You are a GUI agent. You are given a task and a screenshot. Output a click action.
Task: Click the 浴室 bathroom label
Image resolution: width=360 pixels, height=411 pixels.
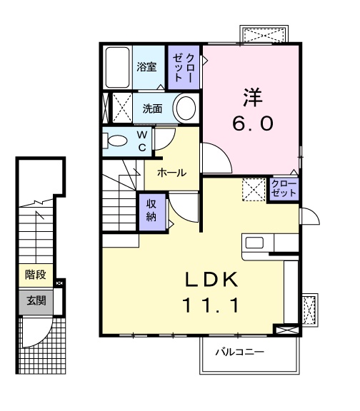click(x=146, y=67)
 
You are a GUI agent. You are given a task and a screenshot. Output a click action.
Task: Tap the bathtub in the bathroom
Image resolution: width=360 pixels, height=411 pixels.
click(x=117, y=67)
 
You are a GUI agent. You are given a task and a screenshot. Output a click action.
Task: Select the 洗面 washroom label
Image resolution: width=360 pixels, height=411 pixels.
click(x=152, y=108)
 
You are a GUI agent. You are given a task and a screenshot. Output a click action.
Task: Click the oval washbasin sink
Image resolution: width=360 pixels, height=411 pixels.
click(x=186, y=108)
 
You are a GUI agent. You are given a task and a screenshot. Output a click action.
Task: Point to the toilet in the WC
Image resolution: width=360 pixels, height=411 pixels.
click(x=115, y=141)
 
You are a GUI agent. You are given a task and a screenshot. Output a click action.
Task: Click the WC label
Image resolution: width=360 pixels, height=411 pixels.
click(x=142, y=141)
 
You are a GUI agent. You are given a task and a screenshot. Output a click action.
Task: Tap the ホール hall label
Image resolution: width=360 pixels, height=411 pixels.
click(x=172, y=173)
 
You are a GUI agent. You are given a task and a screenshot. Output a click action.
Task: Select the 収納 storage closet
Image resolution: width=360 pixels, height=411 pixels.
click(x=152, y=212)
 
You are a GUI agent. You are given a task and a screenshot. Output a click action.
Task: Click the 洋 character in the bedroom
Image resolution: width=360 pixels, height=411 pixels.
click(x=253, y=97)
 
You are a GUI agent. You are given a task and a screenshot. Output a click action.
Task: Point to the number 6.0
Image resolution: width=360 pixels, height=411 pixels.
click(x=253, y=123)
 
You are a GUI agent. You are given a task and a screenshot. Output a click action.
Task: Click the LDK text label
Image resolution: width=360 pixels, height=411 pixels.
click(x=211, y=280)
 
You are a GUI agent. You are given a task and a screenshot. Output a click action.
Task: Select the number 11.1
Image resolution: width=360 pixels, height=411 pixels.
click(x=211, y=305)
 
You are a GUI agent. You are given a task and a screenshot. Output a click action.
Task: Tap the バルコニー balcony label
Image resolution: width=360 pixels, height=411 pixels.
click(x=239, y=352)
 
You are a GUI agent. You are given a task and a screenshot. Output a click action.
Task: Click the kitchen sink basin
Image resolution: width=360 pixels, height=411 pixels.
click(x=254, y=243)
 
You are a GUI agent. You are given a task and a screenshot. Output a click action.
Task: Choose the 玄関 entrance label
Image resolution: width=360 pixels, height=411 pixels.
click(x=36, y=301)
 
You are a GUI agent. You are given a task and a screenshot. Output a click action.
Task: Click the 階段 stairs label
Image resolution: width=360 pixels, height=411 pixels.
click(x=36, y=275)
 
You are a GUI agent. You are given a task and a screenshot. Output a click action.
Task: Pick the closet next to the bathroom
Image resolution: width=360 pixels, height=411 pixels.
click(x=184, y=67)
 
